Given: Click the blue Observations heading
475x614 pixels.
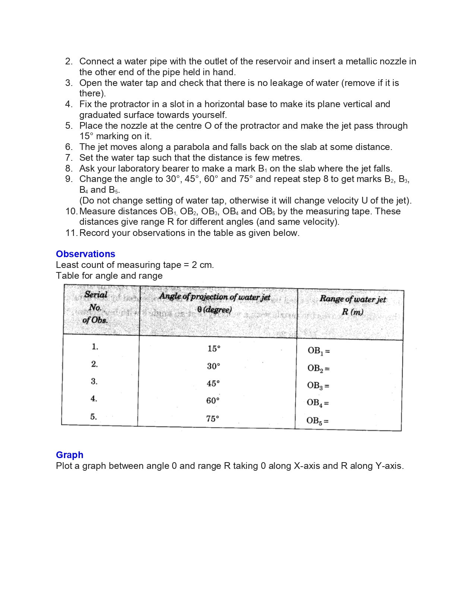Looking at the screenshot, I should pyautogui.click(x=85, y=254).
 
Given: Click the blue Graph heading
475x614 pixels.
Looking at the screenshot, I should pyautogui.click(x=69, y=455).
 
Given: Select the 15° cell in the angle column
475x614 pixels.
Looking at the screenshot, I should pyautogui.click(x=214, y=349).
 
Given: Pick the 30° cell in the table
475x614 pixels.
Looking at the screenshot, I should pyautogui.click(x=213, y=366).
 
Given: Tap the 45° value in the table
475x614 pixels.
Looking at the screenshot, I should pyautogui.click(x=213, y=383).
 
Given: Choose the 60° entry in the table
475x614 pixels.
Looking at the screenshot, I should pyautogui.click(x=213, y=401).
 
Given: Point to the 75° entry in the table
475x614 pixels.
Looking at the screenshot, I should pyautogui.click(x=212, y=419).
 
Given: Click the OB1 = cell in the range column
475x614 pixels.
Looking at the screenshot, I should pyautogui.click(x=319, y=351).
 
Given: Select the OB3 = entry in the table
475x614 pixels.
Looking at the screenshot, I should pyautogui.click(x=318, y=386).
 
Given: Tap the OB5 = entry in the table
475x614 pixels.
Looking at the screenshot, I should pyautogui.click(x=317, y=421).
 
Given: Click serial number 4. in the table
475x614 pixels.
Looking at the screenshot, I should pyautogui.click(x=94, y=399).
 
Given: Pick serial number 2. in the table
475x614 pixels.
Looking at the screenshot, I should pyautogui.click(x=95, y=364).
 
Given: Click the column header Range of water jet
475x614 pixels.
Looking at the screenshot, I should pyautogui.click(x=352, y=299).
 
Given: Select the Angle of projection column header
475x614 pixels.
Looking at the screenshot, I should pyautogui.click(x=215, y=297).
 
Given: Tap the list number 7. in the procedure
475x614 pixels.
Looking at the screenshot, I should pyautogui.click(x=69, y=157).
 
